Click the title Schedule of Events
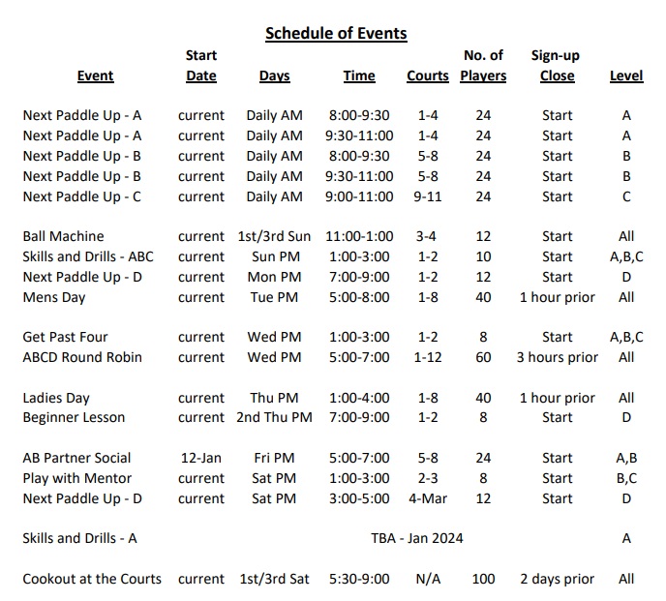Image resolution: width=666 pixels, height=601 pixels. coord(336,34)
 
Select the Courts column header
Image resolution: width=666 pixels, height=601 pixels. coord(428,76)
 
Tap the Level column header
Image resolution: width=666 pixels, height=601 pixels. coord(626,76)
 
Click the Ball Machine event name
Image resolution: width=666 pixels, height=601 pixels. coord(63,236)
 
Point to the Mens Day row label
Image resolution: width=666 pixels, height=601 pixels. coord(54,297)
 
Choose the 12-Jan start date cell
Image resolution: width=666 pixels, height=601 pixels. coord(201,458)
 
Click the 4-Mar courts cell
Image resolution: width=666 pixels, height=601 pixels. coord(428,498)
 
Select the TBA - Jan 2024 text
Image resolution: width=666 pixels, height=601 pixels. coord(416,538)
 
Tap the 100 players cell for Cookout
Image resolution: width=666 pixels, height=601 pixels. coord(483,579)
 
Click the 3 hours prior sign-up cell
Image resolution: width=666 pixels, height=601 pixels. coord(557,357)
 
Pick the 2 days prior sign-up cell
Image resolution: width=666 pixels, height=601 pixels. coord(557,579)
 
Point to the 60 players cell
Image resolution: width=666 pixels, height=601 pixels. coord(483,357)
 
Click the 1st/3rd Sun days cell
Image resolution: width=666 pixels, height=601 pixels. coord(274,236)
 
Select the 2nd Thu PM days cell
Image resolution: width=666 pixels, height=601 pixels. coord(274,418)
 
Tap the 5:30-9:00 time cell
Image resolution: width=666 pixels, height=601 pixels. coord(359,579)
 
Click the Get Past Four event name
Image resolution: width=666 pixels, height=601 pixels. coord(65,337)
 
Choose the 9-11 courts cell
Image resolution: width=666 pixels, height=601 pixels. coord(428,196)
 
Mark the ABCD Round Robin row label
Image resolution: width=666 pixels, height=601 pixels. coord(82,357)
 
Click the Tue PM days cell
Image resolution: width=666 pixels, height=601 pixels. coord(274,297)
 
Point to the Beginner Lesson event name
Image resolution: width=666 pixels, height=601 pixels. coord(74,418)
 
